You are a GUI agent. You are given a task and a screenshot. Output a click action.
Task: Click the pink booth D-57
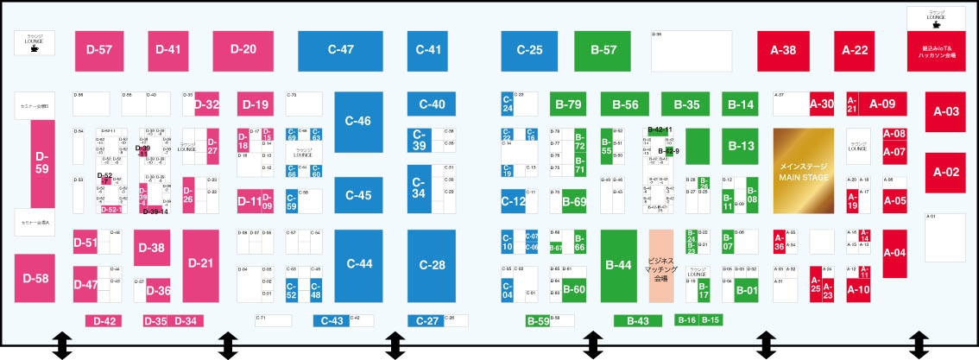tap(100, 50)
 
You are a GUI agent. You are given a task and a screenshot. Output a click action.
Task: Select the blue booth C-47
tap(341, 50)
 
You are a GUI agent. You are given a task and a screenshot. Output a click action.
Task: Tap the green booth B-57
tap(603, 50)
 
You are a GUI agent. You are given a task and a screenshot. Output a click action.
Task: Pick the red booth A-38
tap(783, 50)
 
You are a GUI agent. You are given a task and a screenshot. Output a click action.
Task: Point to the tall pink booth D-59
tap(42, 163)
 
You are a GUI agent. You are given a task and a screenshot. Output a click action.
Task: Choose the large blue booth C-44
tap(358, 263)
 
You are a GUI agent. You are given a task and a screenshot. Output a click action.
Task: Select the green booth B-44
tap(619, 265)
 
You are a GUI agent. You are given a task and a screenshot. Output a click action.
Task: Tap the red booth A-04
tap(894, 253)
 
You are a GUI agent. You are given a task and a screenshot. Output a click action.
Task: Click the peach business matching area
tap(660, 265)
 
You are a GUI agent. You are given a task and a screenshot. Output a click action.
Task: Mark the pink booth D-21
tap(200, 263)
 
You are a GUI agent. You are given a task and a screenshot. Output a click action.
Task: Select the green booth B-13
tap(741, 146)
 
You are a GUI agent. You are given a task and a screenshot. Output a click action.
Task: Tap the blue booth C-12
tap(514, 201)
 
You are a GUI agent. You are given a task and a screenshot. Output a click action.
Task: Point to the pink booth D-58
tap(36, 278)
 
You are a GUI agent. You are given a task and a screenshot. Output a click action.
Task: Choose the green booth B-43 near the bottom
tap(637, 321)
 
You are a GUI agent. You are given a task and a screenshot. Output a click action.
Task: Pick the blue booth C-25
tap(529, 50)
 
